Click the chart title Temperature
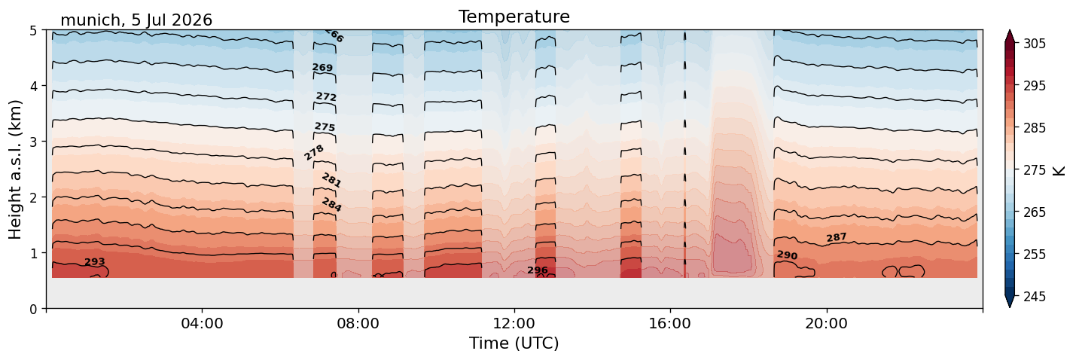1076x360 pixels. (514, 17)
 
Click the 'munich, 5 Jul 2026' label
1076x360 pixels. (136, 20)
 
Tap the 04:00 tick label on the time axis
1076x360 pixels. (202, 323)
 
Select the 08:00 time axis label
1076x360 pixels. (358, 323)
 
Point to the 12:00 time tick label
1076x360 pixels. (514, 323)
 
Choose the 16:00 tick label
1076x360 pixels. (670, 323)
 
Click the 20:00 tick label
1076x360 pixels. (826, 323)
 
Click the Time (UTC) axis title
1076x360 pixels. (514, 343)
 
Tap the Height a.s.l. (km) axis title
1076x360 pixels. (15, 169)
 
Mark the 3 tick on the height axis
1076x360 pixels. (33, 142)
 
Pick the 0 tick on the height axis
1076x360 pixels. (33, 309)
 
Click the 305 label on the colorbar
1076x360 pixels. (1034, 44)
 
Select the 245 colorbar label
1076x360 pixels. (1034, 297)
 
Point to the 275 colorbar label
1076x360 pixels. (1034, 170)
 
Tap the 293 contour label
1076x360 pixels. (95, 262)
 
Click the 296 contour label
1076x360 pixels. (538, 270)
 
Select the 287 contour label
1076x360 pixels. (837, 237)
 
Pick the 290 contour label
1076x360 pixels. (788, 255)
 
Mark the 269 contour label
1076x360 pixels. (322, 67)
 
